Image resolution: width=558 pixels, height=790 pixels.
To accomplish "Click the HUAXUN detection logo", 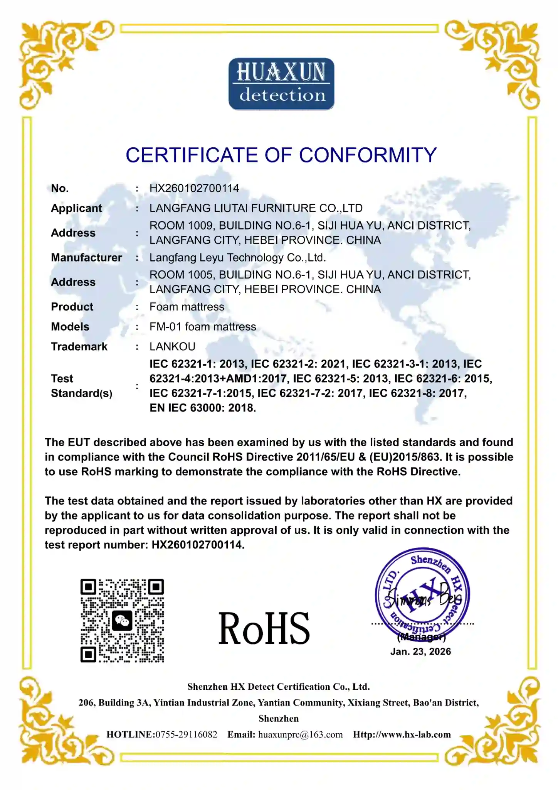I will pos(281,84).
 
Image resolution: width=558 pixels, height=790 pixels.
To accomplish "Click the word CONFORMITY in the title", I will pos(368,155).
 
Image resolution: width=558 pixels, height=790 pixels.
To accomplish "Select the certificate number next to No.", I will pos(194,188).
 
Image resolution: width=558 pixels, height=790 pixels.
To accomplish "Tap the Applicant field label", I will pos(76,208).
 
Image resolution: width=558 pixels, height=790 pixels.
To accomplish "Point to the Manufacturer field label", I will pos(86,258).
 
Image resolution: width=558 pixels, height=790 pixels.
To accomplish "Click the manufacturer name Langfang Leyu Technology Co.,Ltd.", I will pos(237,258).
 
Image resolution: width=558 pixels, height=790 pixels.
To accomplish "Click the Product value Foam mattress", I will pos(187,307).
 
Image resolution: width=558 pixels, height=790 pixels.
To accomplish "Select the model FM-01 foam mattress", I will pos(203,327).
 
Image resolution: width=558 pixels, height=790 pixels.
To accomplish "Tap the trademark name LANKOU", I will pos(172,347).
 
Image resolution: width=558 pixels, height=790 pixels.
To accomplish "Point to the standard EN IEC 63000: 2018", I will pos(203,408).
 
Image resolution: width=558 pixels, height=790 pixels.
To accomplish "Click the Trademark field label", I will pos(79,347).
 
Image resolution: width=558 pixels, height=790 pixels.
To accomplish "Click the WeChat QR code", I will pos(122,621).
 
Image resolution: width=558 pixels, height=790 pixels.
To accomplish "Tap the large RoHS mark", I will pos(264,629).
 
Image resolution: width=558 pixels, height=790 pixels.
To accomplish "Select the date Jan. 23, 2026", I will pos(420,652).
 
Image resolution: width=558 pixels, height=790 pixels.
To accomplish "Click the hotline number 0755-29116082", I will pos(186,734).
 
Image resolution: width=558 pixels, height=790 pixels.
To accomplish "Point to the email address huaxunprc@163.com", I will pos(300,734).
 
